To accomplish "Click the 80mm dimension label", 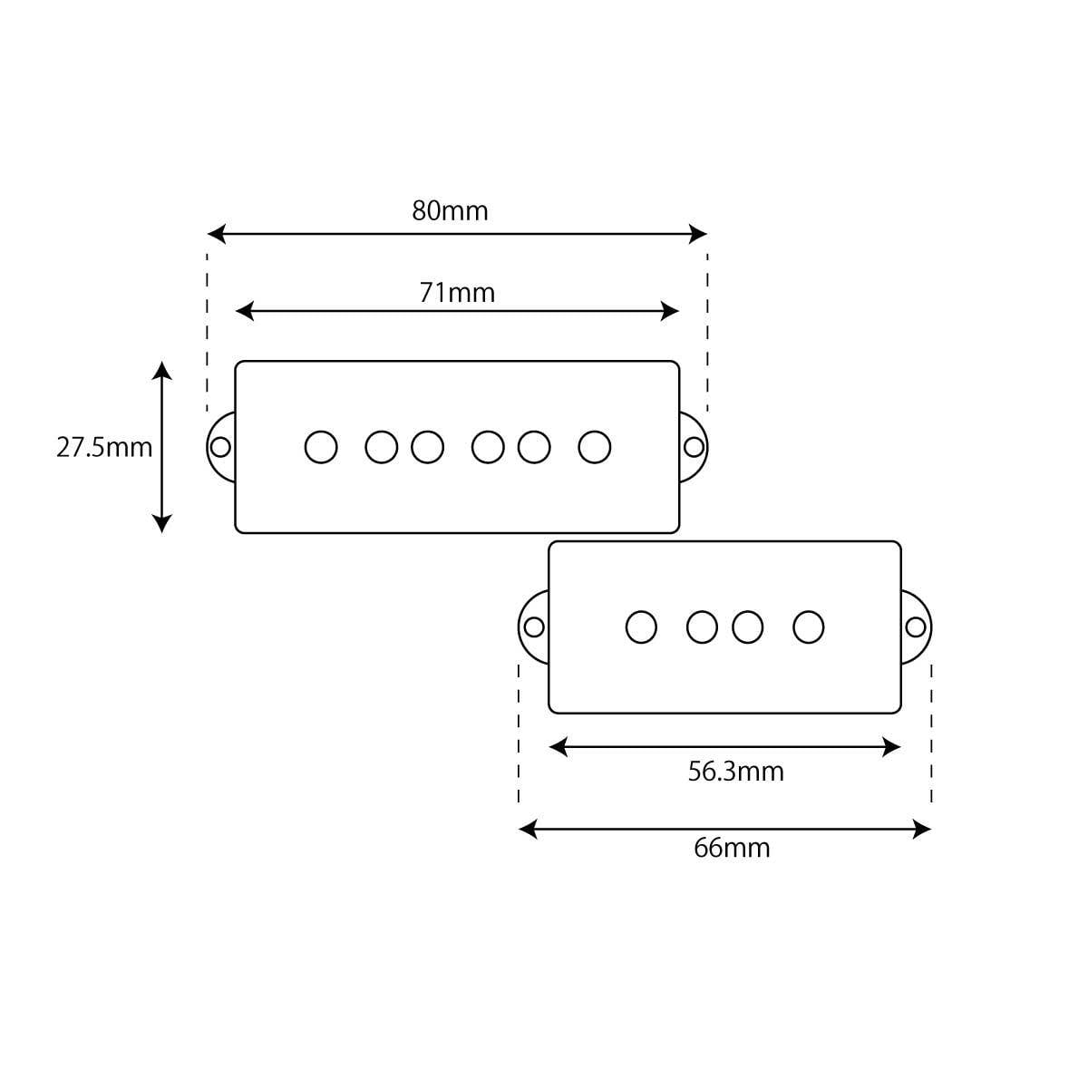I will point(450,210).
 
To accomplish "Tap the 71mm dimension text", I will point(457,293).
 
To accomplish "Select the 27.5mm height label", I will point(104,447).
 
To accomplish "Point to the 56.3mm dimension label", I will point(735,772).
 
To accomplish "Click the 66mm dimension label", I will point(732,849).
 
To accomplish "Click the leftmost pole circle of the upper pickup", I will point(321,447).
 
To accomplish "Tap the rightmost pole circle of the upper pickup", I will point(595,447).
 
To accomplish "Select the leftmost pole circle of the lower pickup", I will point(641,627).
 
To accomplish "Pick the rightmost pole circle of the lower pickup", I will point(809,627).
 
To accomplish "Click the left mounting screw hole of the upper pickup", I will point(220,447).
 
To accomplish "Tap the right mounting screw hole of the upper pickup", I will point(694,447).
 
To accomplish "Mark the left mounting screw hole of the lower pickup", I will point(534,627).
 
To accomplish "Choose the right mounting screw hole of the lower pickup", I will point(916,627).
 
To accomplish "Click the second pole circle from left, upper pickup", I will point(382,447).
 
